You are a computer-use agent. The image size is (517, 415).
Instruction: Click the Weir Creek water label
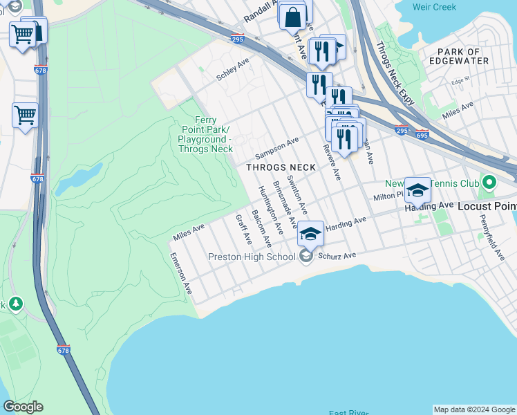(x=453, y=7)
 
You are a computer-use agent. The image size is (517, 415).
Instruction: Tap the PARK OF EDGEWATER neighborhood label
(x=464, y=56)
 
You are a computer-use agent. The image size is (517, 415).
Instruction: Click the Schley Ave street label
(x=232, y=70)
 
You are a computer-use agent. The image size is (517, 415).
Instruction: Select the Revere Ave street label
(x=331, y=162)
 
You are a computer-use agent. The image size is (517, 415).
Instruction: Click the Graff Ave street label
(x=243, y=229)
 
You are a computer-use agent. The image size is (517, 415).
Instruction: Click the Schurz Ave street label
(x=337, y=256)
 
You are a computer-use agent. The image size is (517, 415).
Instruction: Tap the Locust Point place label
(x=487, y=206)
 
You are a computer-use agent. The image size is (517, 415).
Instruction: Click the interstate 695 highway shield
(x=422, y=135)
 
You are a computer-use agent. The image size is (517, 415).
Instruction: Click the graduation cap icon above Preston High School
(x=311, y=234)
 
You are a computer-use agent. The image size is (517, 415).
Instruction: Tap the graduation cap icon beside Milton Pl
(x=417, y=190)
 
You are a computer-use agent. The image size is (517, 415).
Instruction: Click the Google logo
(x=23, y=407)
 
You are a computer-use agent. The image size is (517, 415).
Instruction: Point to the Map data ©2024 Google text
(x=473, y=409)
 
